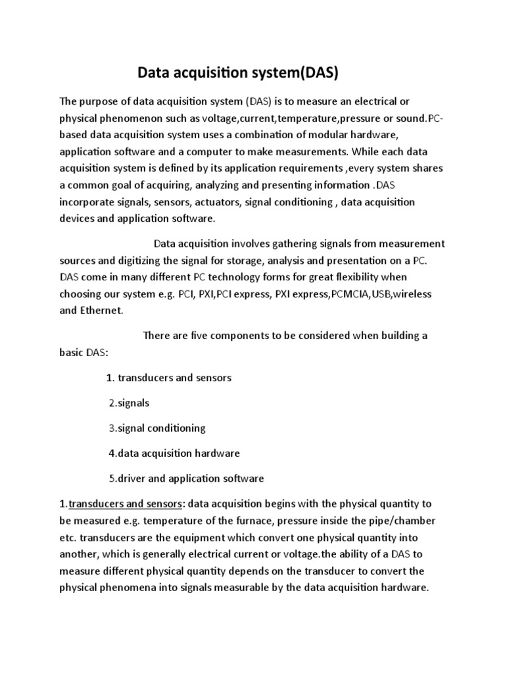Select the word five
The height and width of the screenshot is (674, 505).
pyautogui.click(x=214, y=336)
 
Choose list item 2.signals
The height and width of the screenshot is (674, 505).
pyautogui.click(x=129, y=403)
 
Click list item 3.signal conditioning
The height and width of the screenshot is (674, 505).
pyautogui.click(x=157, y=428)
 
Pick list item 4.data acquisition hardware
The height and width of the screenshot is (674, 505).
pyautogui.click(x=174, y=453)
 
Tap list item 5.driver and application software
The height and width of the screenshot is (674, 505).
pyautogui.click(x=186, y=478)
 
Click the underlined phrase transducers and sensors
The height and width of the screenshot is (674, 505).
pyautogui.click(x=126, y=504)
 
